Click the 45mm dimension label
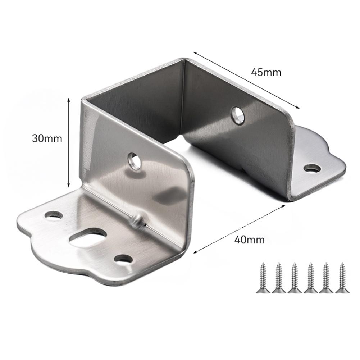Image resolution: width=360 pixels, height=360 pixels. pos(266,72)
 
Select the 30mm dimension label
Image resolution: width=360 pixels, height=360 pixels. pos(47,138)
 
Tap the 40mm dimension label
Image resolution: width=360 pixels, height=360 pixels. pos(249,240)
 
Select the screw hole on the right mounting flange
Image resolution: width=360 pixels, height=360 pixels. pos(312,168)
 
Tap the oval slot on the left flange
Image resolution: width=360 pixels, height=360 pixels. pos(88,238)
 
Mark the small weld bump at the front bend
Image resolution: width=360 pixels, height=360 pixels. pos(137,220)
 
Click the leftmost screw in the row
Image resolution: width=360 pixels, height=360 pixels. pos(263,277)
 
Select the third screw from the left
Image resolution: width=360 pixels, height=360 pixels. pos(294,277)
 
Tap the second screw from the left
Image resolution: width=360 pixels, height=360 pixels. pos(278,277)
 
